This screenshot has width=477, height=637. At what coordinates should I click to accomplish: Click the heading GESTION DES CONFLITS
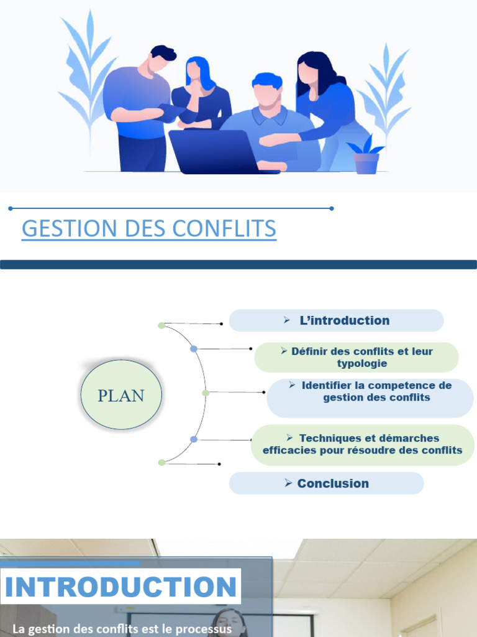coord(149,229)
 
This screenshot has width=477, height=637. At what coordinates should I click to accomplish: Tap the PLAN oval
coord(121,396)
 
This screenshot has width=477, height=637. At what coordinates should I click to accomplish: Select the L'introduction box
coord(336,320)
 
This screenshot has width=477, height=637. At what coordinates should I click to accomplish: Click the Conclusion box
coord(326,483)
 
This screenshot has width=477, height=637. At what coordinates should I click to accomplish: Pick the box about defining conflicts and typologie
coord(356,357)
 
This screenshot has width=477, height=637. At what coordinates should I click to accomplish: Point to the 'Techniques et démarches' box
coord(363,444)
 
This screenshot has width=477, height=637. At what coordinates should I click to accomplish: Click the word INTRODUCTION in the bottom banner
coord(122,587)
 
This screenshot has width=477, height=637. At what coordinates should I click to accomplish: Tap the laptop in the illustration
coord(211,152)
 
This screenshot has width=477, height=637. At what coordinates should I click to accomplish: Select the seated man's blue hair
coord(267,80)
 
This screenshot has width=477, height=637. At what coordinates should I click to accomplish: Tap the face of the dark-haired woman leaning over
coord(307,73)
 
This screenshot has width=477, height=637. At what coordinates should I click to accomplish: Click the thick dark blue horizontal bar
coord(238,264)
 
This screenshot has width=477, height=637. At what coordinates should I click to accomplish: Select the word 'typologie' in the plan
coord(362,363)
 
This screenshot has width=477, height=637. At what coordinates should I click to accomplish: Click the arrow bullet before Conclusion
coord(288,483)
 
